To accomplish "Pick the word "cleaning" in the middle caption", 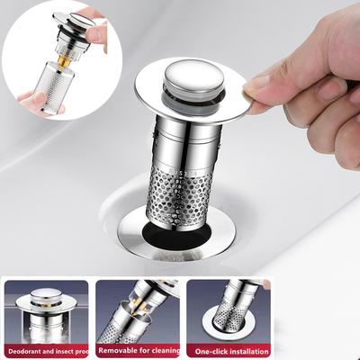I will [x=167, y=350].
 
